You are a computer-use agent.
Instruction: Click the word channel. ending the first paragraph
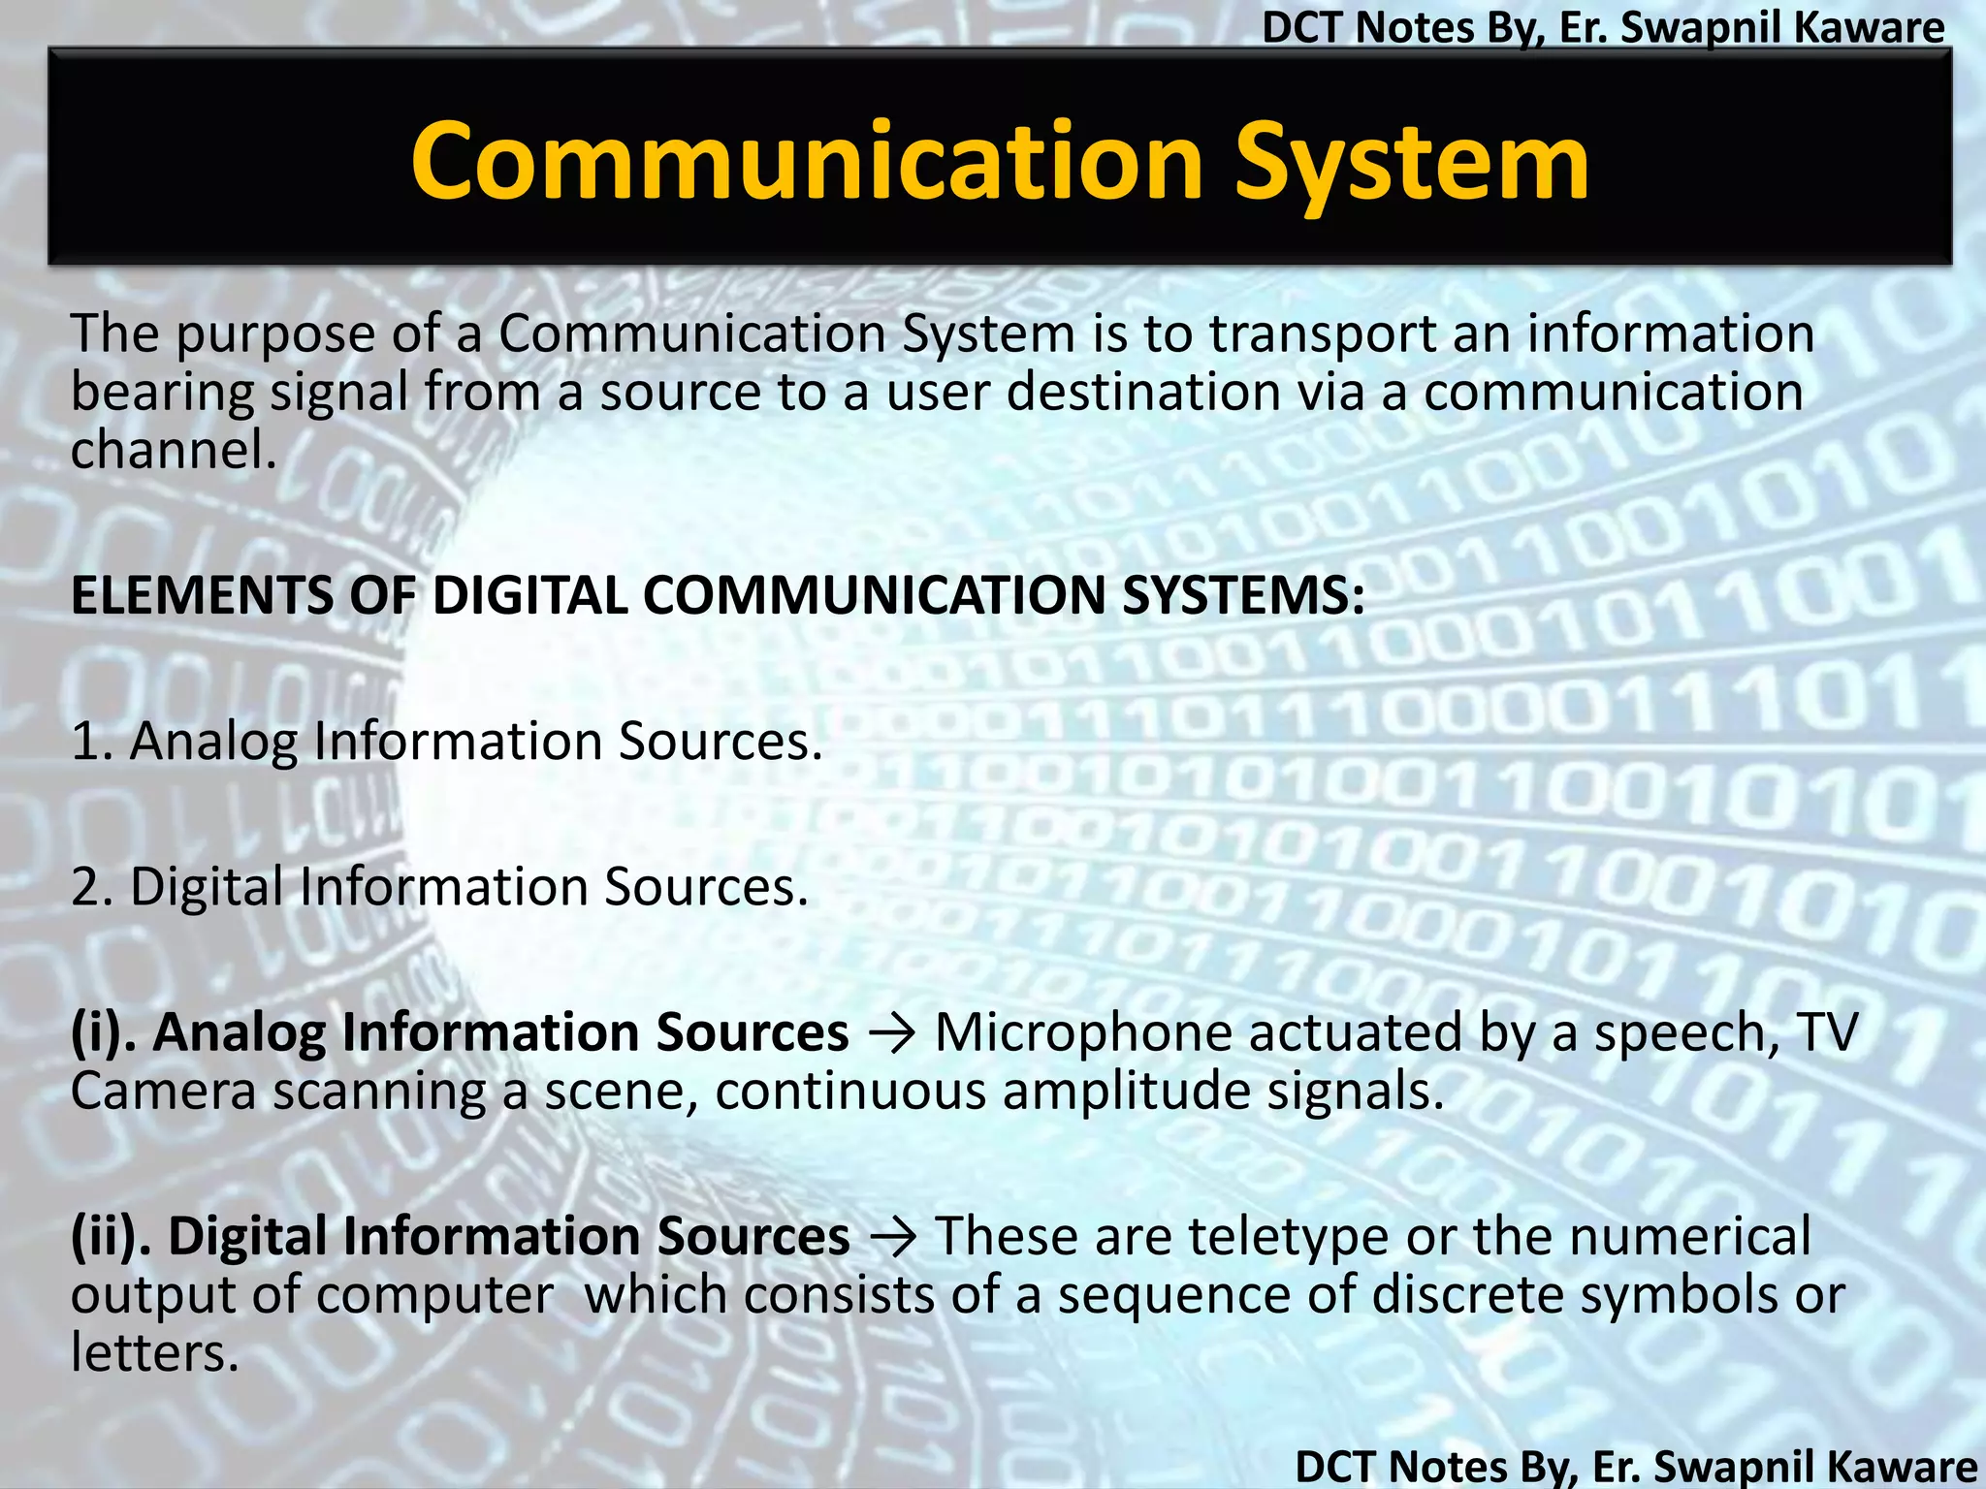tap(174, 450)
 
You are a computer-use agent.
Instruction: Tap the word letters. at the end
tap(154, 1353)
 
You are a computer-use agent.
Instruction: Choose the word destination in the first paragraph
tap(1144, 393)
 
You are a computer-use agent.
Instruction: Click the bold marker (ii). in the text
tap(112, 1238)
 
